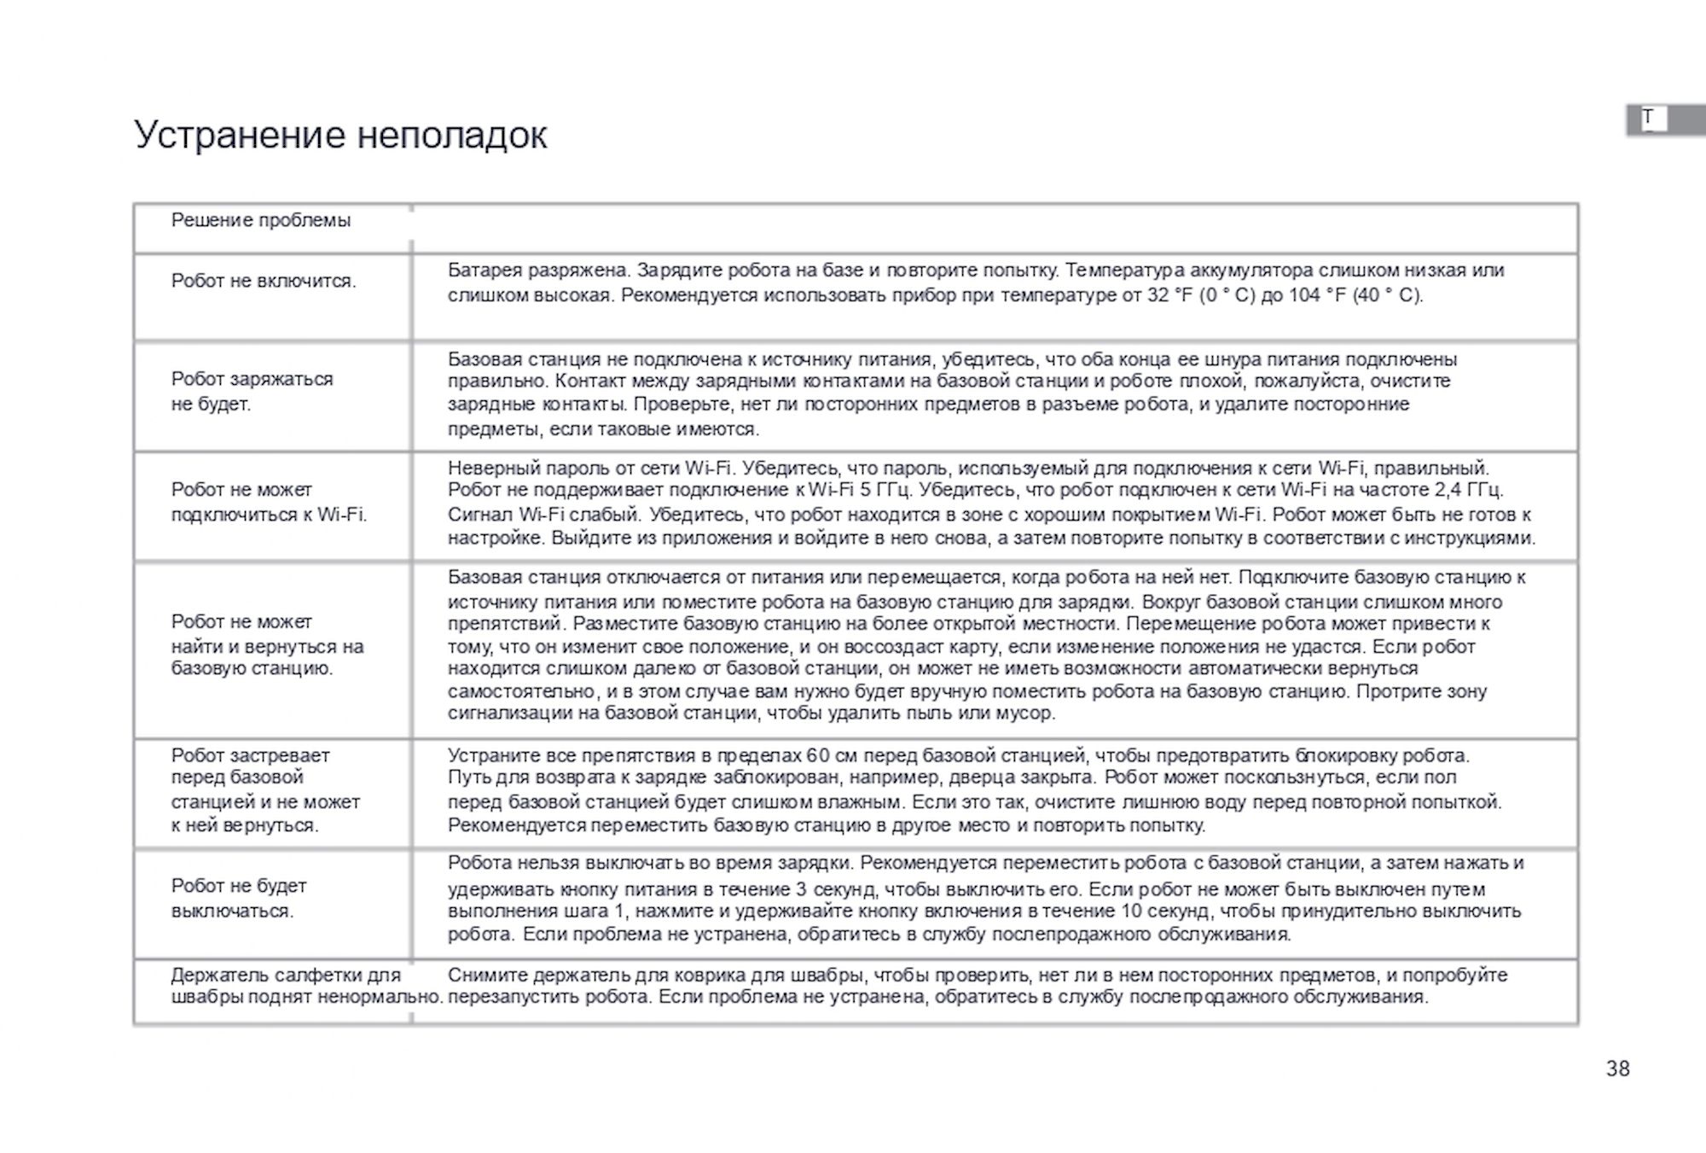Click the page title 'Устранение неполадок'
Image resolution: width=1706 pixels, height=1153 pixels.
point(340,135)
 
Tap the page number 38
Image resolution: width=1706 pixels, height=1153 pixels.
point(1617,1069)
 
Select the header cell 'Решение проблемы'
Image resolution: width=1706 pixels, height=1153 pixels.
point(261,220)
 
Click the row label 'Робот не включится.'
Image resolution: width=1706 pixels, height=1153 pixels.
point(264,281)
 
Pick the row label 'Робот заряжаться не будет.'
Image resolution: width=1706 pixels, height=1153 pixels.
point(252,391)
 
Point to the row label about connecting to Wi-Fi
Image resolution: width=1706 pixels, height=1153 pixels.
point(269,502)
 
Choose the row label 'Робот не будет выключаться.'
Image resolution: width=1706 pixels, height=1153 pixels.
point(239,898)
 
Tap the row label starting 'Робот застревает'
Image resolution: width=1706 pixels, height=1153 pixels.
point(265,790)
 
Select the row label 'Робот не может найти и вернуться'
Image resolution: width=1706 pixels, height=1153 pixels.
point(267,645)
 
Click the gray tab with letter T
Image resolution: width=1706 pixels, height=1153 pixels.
point(1664,119)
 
